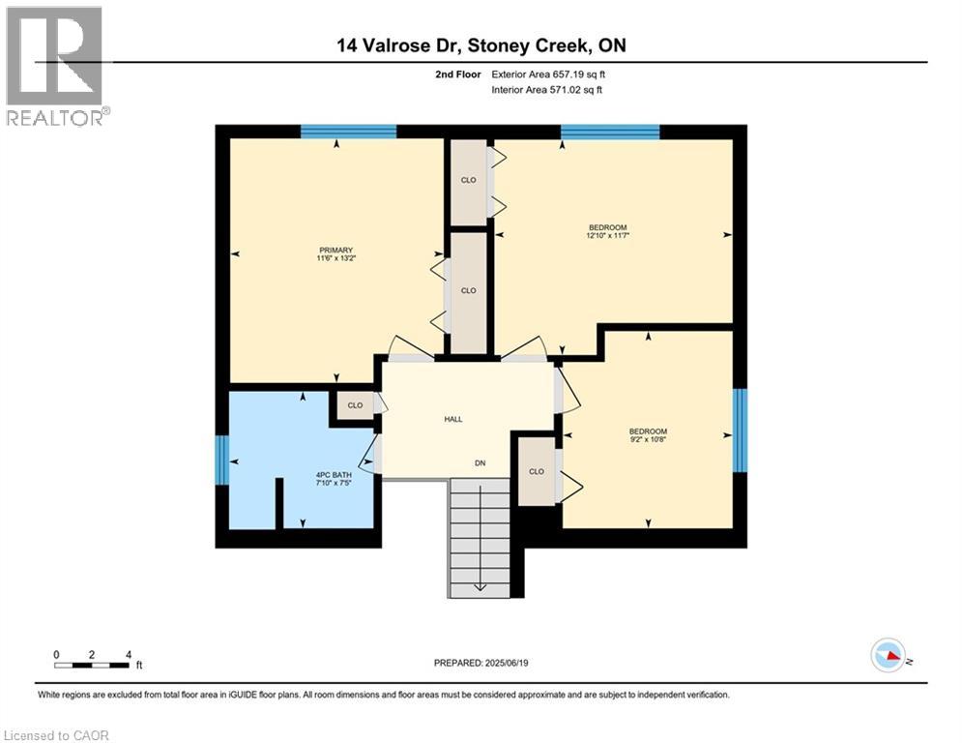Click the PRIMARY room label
click(x=337, y=249)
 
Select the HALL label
click(x=452, y=419)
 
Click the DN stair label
click(x=479, y=463)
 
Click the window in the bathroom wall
click(x=221, y=460)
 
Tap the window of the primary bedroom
click(x=348, y=132)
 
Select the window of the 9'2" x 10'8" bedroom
click(x=740, y=431)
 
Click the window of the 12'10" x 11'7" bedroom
click(x=610, y=132)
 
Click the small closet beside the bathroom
click(x=355, y=405)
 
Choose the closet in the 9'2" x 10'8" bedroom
click(x=537, y=471)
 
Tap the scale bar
click(x=93, y=665)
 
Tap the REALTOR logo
click(x=55, y=65)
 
